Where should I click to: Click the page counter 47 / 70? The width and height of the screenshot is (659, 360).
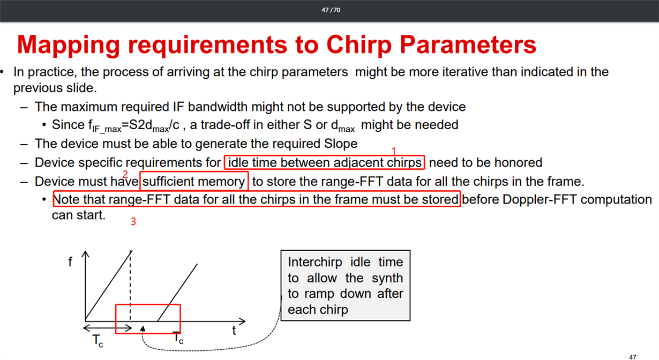pos(331,10)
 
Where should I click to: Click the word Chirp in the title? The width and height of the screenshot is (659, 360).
pos(359,44)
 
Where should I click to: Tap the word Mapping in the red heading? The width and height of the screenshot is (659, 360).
pos(68,44)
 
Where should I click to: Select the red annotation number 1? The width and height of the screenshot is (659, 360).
pos(394,151)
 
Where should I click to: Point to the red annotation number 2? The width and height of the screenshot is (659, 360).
pos(125,174)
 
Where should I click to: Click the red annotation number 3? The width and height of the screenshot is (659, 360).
pos(133,221)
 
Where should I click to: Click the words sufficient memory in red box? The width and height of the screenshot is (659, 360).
pos(193,182)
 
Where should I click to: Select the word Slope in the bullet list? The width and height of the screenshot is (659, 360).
pos(341,144)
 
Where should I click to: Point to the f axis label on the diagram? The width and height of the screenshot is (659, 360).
pos(70,261)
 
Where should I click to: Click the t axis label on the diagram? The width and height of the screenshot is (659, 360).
pos(234,331)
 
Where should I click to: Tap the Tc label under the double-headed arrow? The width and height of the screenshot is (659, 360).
pos(98,341)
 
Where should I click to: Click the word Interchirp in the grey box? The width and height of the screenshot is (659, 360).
pos(315,262)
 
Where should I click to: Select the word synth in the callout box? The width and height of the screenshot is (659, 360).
pos(387,278)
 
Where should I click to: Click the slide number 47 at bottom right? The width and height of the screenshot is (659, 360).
pos(633,357)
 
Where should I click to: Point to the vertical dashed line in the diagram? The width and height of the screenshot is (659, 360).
pos(130,286)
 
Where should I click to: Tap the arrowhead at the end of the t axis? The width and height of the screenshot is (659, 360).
pos(242,321)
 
